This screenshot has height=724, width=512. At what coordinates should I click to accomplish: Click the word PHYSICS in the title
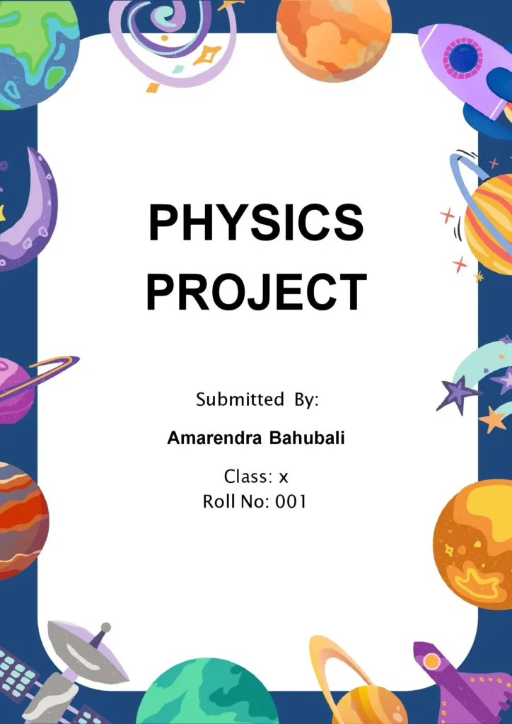pyautogui.click(x=256, y=222)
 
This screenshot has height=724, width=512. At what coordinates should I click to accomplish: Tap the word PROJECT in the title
pyautogui.click(x=256, y=291)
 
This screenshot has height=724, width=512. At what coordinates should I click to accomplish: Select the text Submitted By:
pyautogui.click(x=257, y=399)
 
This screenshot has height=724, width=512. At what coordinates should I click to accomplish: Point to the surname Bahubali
pyautogui.click(x=307, y=438)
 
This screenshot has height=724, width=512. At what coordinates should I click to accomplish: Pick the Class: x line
pyautogui.click(x=256, y=477)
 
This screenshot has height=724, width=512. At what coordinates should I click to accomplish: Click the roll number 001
pyautogui.click(x=291, y=502)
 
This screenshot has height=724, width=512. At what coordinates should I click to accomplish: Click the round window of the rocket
pyautogui.click(x=462, y=59)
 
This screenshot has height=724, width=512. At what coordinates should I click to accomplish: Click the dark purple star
pyautogui.click(x=456, y=393)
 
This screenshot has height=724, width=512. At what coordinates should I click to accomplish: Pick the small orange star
pyautogui.click(x=493, y=419)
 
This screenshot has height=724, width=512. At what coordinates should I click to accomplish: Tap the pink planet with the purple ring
pyautogui.click(x=16, y=389)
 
